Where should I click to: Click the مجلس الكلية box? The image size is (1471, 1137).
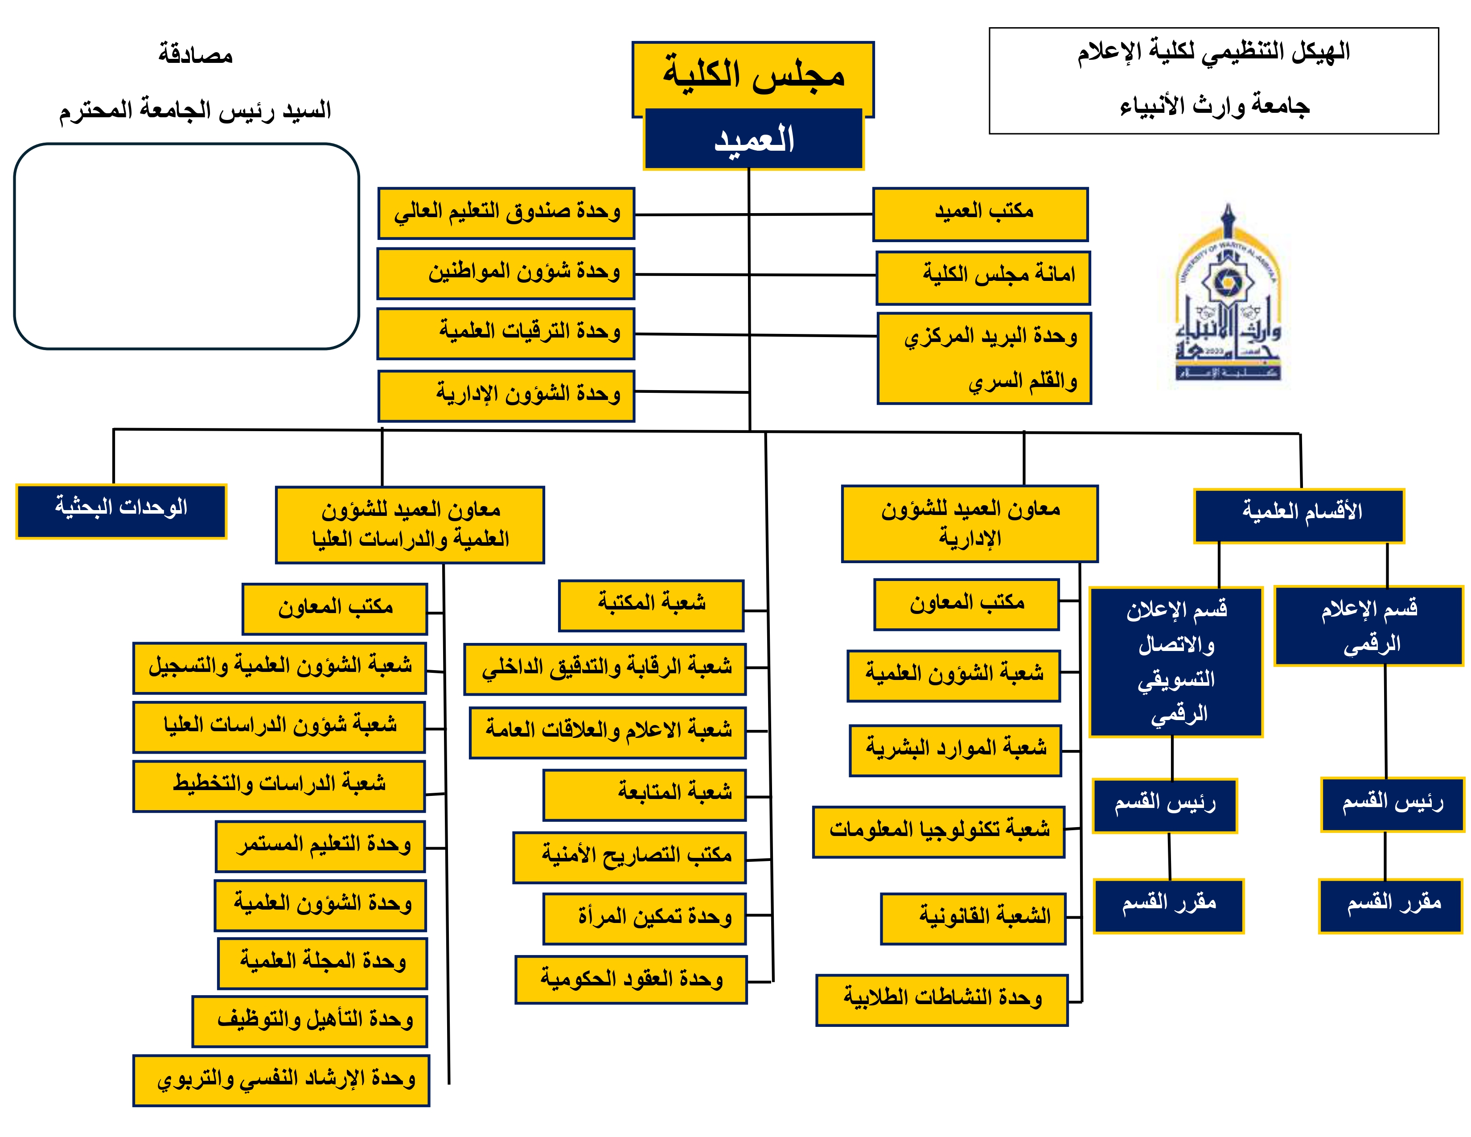click(x=753, y=74)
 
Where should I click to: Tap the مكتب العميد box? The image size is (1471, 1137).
click(x=980, y=214)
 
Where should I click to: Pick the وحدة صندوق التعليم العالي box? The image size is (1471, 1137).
click(x=506, y=213)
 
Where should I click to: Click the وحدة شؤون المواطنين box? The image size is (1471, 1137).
click(x=506, y=273)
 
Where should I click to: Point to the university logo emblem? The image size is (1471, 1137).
click(x=1227, y=297)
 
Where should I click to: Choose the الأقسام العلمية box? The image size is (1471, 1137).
click(x=1298, y=515)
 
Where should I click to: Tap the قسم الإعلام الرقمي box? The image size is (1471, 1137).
click(x=1368, y=626)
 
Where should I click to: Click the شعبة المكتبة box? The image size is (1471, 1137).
click(x=651, y=606)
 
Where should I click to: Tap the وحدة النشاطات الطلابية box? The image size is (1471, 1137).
click(x=941, y=1000)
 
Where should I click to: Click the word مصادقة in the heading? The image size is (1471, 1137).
click(x=195, y=54)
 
